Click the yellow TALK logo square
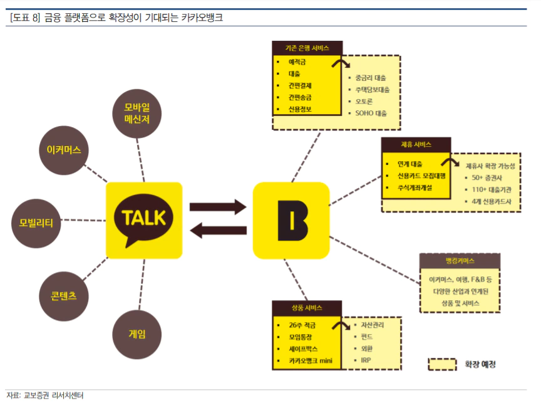pos(144,220)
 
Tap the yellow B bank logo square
pos(291,220)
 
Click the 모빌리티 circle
pos(36,222)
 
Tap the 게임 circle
pos(137,334)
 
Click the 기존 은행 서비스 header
pos(307,48)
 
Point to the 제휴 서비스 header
pos(416,145)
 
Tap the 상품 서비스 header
pos(307,308)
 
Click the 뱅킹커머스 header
pos(460,260)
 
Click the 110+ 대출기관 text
pos(492,189)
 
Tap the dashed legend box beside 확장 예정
pos(442,364)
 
